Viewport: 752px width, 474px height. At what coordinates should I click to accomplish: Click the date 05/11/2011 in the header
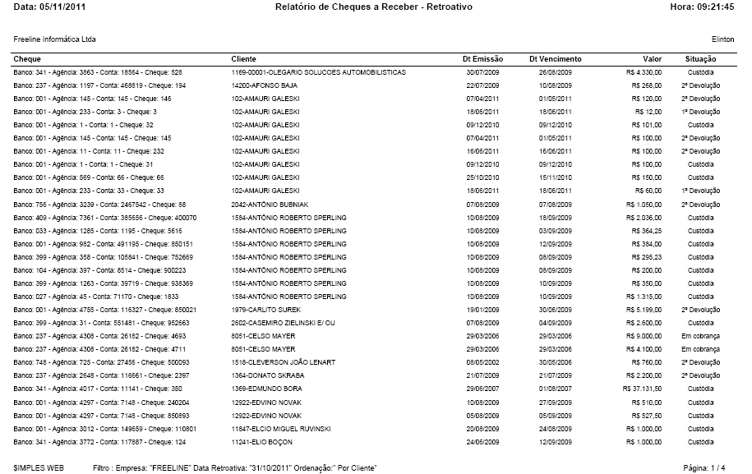point(65,7)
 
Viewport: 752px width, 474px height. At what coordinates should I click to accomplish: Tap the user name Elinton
point(722,39)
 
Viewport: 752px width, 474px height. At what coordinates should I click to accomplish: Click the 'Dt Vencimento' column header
point(555,59)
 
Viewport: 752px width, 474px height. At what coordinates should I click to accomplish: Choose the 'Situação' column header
point(700,59)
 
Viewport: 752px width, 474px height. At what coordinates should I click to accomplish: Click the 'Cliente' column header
point(244,59)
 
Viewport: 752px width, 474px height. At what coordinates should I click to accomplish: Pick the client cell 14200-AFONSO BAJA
point(263,85)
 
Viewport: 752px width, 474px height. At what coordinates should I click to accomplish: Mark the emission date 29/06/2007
point(482,389)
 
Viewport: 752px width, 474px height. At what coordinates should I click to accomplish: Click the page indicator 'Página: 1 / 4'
point(706,467)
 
